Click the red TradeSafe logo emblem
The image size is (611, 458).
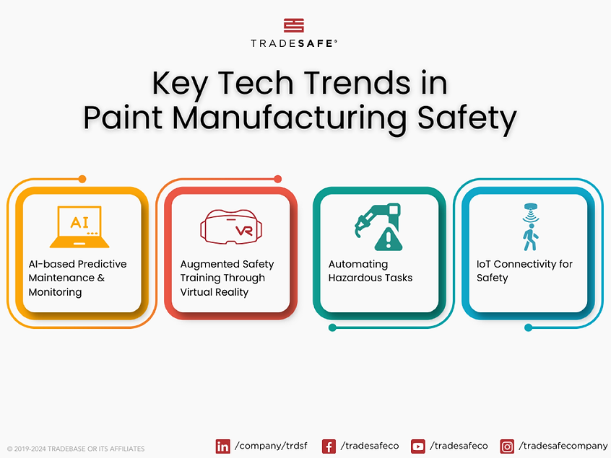pos(293,26)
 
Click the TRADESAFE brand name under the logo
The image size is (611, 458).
pos(293,43)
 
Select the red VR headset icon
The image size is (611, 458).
pos(230,226)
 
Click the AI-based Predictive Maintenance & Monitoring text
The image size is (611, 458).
pos(77,278)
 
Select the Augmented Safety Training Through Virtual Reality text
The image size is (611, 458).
pos(227,278)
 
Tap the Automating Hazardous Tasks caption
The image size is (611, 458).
pos(370,271)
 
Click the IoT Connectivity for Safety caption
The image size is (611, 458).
pos(524,271)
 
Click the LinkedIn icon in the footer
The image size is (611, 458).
pos(222,446)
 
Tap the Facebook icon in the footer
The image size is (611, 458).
pos(329,446)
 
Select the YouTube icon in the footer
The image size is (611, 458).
pos(417,446)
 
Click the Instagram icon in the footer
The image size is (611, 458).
pos(507,446)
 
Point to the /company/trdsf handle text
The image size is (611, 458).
pos(271,446)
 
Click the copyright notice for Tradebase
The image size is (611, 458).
pos(76,449)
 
